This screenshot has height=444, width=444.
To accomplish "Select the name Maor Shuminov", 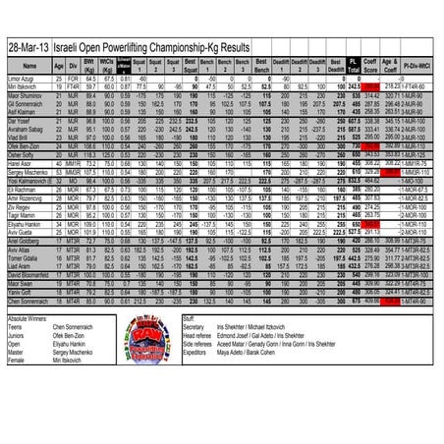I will pos(24,93).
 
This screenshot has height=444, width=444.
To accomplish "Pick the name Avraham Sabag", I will pos(24,128).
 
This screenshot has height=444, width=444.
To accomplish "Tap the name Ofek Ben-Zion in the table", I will pos(24,144).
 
